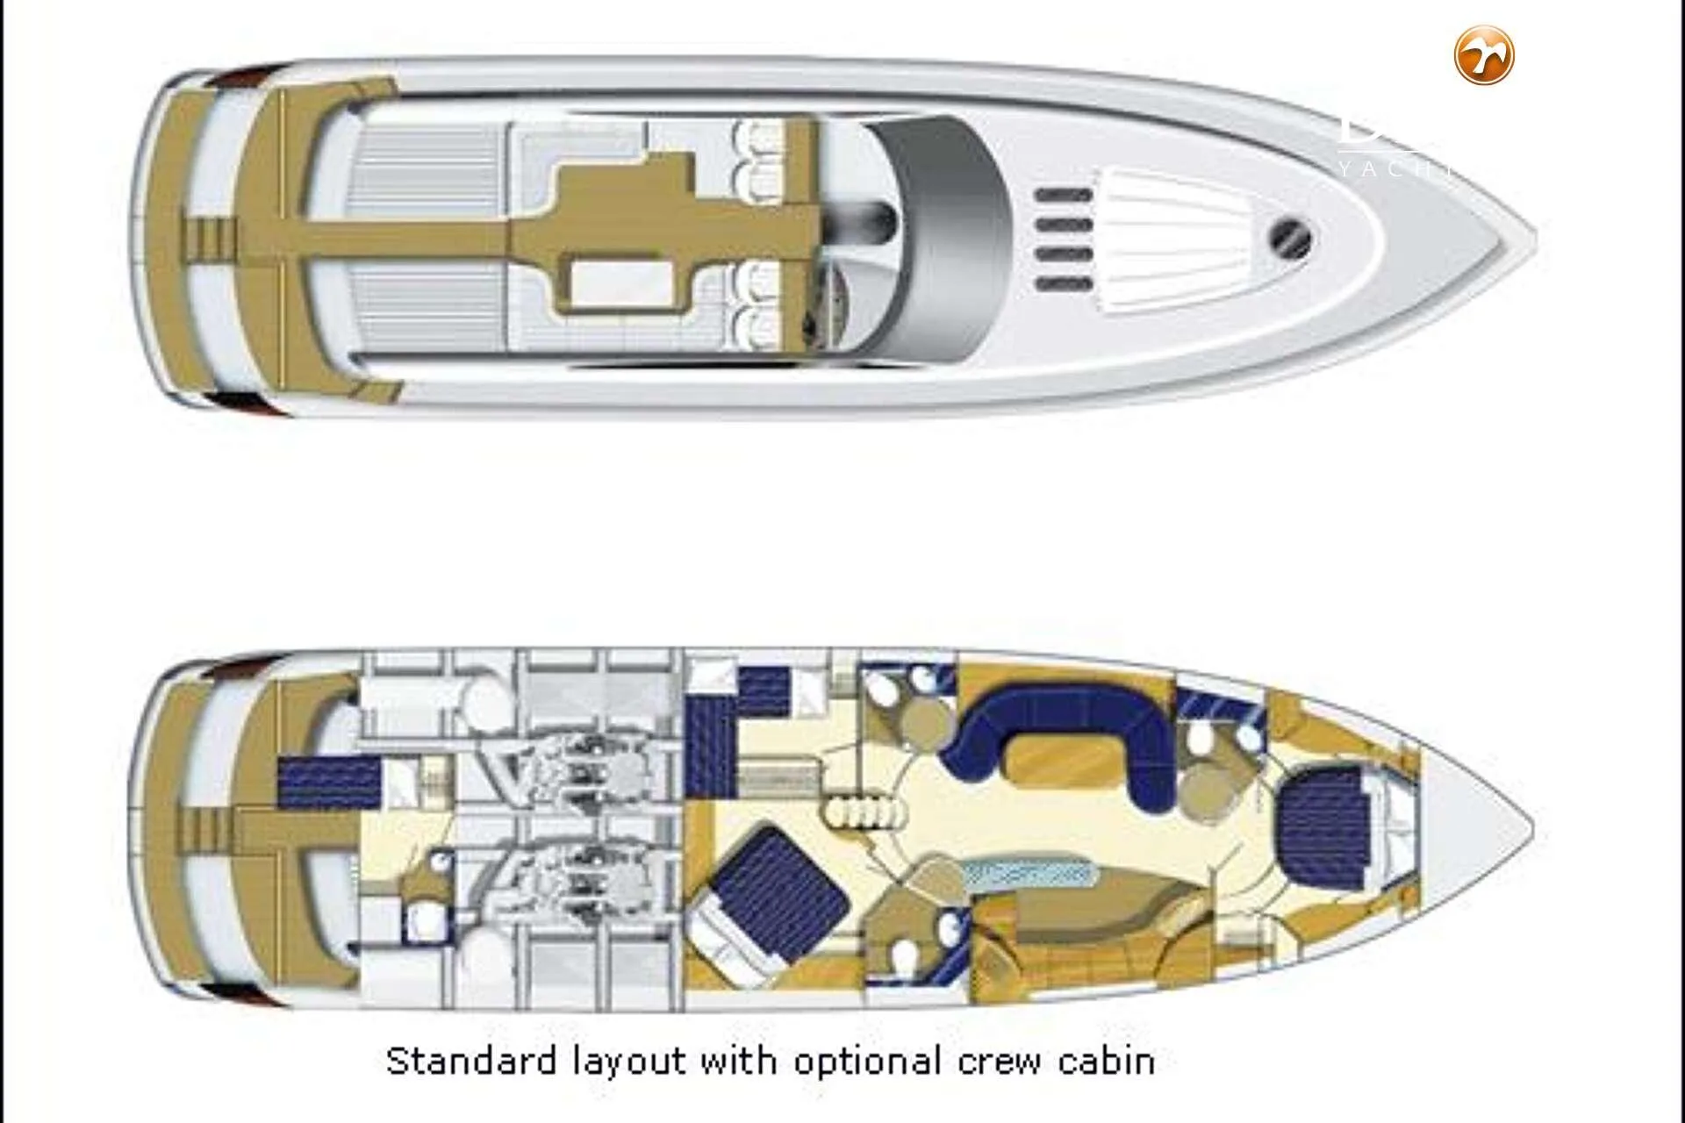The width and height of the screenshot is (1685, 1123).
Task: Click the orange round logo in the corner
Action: point(1484,55)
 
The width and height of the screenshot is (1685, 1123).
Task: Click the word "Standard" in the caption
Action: point(470,1061)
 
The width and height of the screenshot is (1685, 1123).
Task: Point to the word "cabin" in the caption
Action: point(1106,1061)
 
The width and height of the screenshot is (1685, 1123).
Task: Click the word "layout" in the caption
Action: point(629,1061)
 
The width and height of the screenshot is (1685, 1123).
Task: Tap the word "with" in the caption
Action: point(740,1061)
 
